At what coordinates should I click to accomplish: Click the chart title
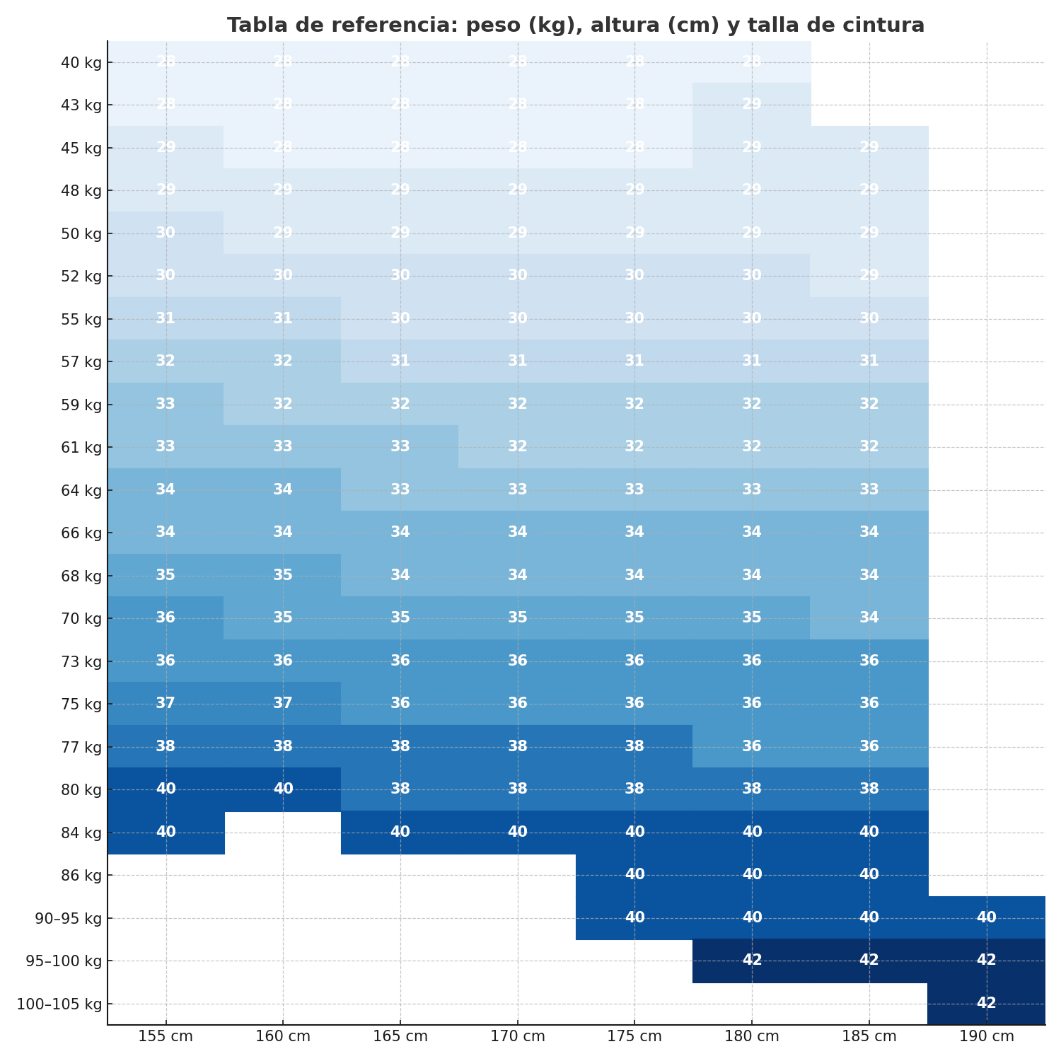click(575, 25)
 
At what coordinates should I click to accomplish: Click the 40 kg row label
click(82, 62)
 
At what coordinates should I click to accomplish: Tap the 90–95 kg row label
click(69, 918)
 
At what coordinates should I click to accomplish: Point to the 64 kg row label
click(82, 490)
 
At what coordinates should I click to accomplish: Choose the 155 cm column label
click(166, 1037)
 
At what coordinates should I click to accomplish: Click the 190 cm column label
click(986, 1037)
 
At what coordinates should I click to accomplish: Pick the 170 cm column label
click(517, 1037)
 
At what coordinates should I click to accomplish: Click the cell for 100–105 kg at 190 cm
click(986, 1003)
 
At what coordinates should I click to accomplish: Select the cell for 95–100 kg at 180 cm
click(751, 960)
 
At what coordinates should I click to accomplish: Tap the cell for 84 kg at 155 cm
click(166, 832)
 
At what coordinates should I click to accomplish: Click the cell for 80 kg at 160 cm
click(283, 789)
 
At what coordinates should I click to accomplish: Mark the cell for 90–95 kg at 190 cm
click(986, 917)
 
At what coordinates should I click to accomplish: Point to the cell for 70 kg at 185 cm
click(869, 618)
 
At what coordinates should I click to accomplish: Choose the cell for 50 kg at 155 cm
click(166, 233)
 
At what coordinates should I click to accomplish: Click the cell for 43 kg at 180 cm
click(751, 105)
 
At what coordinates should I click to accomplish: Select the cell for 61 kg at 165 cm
click(400, 446)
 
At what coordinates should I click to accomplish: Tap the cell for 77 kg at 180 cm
click(751, 746)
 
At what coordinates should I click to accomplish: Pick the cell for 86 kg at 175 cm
click(634, 874)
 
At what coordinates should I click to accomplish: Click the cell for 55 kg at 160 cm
click(283, 318)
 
